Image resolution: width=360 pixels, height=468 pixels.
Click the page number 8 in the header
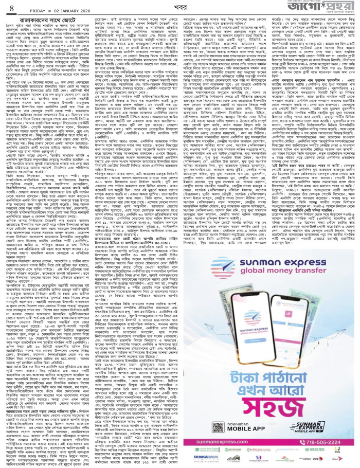(11, 9)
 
